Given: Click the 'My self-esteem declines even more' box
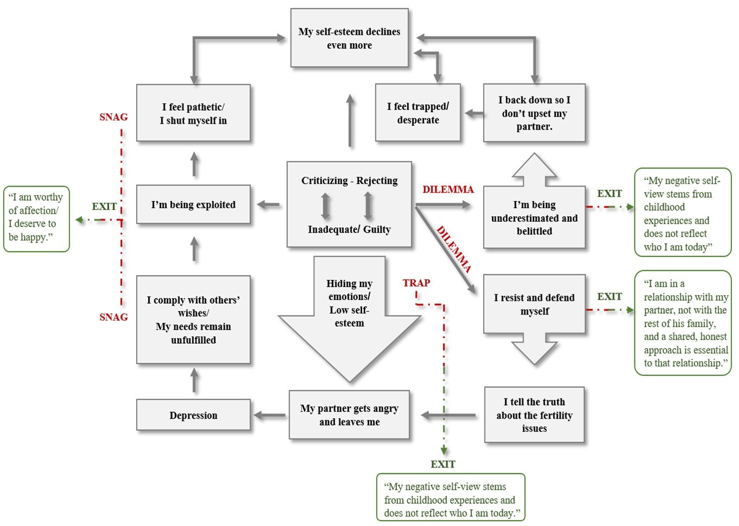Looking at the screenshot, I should (x=349, y=38).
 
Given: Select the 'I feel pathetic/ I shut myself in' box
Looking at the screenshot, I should (x=193, y=113).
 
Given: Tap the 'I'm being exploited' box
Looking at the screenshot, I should (x=193, y=204).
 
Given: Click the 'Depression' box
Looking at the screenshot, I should (x=193, y=415).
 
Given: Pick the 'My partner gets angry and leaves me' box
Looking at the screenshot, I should (x=349, y=415).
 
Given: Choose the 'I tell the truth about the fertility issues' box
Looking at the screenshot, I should (x=534, y=415).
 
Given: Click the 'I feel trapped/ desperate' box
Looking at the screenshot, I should (x=417, y=113).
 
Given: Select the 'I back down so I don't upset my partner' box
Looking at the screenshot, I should (x=534, y=113).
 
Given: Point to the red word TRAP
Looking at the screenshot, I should (x=416, y=283).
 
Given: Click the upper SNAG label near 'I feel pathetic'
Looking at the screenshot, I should (x=113, y=117).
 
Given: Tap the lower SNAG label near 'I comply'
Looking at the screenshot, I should (x=113, y=317).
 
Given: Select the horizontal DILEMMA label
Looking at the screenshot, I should (x=448, y=189).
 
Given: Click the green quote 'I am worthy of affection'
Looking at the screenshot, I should (x=36, y=217).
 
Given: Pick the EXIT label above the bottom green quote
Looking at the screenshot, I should (x=442, y=464).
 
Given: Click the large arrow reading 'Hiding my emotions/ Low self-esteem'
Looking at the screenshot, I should (x=349, y=315).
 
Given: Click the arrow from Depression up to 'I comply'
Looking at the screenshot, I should (x=195, y=381).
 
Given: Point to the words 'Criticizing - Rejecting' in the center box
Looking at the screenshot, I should (x=349, y=181).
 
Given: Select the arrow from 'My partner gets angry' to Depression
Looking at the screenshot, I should (x=269, y=415).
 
